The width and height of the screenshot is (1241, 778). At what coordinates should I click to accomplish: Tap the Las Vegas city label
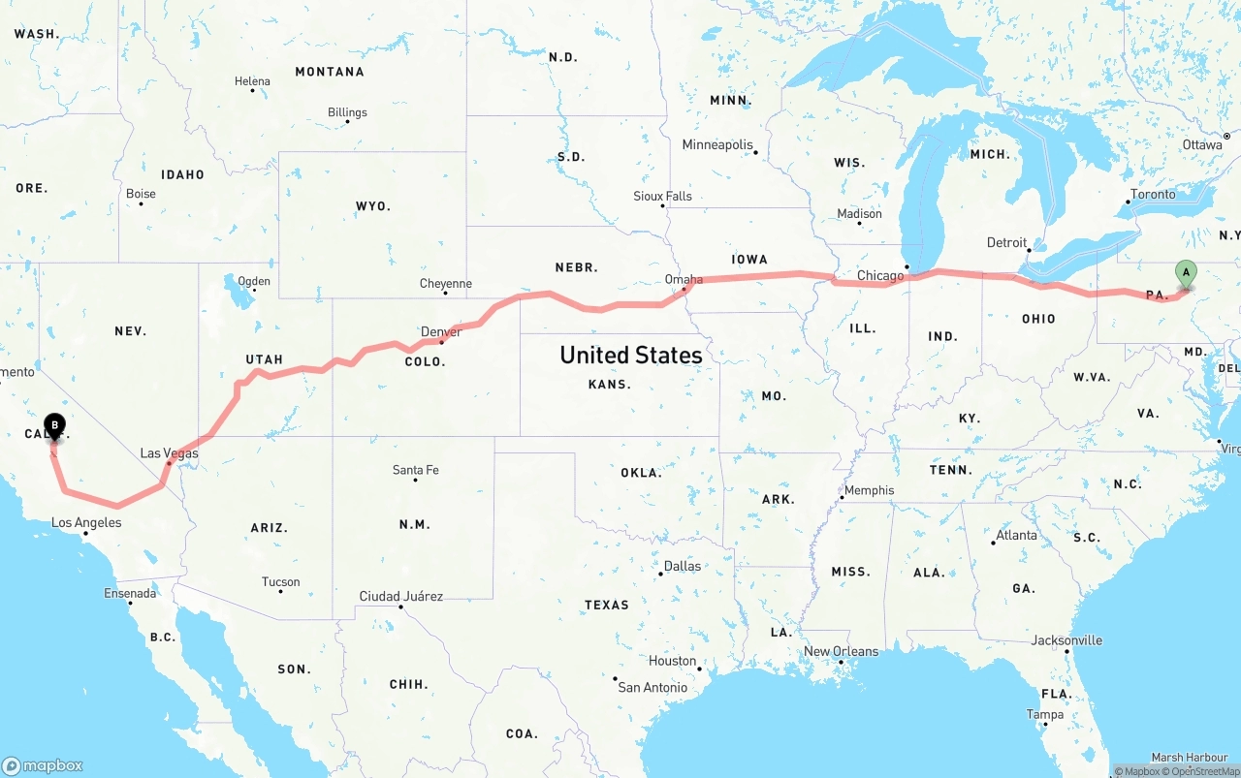[169, 453]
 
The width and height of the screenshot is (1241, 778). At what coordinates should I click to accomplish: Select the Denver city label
[441, 331]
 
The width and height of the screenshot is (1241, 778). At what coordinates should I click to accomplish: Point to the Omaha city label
[684, 279]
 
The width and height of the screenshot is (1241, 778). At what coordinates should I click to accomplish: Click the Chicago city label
[880, 276]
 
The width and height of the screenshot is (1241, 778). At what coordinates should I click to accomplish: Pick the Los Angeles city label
[86, 522]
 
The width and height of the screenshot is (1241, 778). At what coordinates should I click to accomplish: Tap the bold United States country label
[631, 356]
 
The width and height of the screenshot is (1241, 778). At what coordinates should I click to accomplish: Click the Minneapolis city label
[717, 145]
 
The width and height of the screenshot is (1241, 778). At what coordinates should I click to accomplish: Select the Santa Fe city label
[415, 470]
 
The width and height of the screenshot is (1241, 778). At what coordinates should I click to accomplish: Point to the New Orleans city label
[842, 651]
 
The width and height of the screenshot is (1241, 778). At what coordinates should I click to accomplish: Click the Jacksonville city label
[1066, 640]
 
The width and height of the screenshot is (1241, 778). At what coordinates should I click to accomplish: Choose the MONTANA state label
[330, 72]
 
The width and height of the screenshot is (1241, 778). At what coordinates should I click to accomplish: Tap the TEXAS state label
[606, 605]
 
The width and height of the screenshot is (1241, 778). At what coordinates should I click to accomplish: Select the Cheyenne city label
[446, 284]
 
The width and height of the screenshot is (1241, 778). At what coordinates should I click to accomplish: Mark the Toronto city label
[1153, 194]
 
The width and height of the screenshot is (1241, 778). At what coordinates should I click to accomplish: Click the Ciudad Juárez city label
[401, 596]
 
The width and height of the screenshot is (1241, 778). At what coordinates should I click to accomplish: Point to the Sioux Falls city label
[663, 196]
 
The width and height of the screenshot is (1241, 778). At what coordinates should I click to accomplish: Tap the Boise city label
[141, 194]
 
